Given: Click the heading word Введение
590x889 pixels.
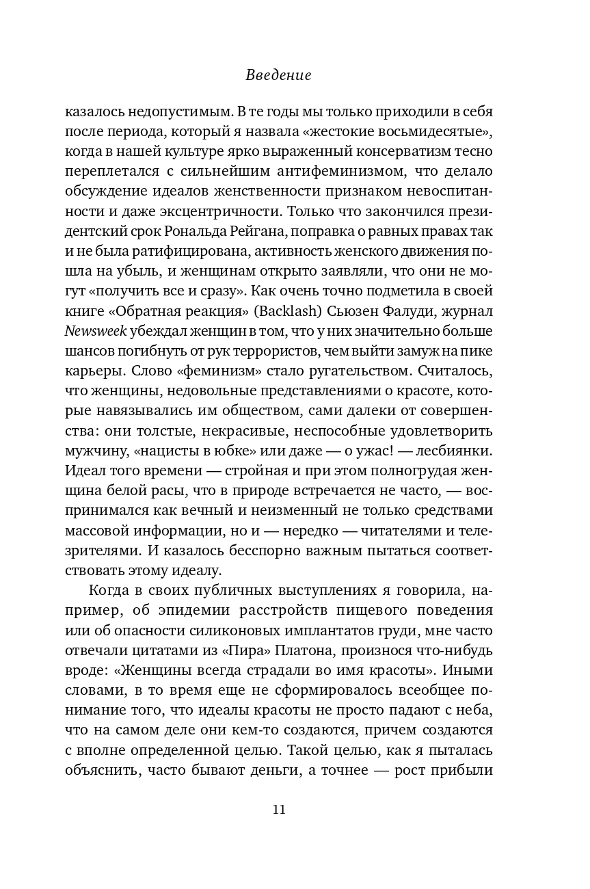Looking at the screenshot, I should [278, 76].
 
